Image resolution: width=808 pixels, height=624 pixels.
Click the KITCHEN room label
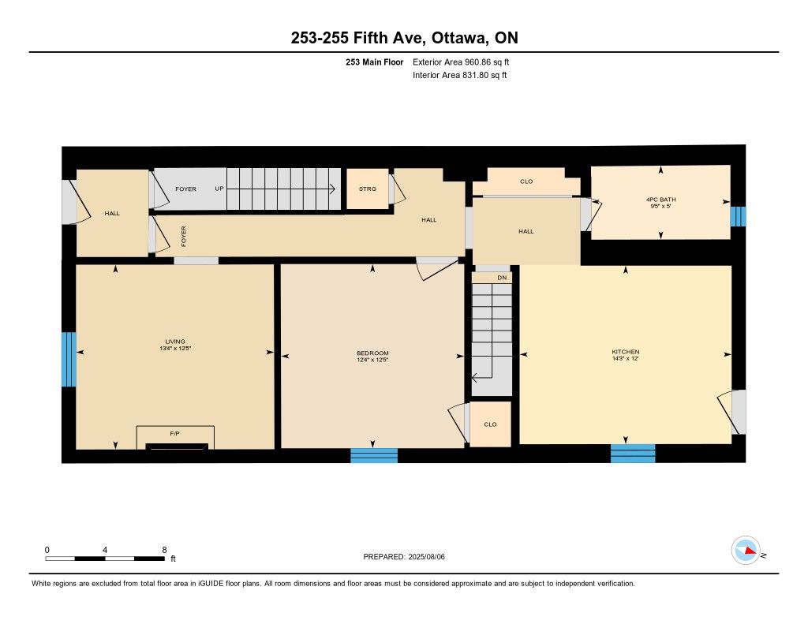coord(625,351)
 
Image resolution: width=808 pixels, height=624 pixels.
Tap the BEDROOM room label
coord(372,353)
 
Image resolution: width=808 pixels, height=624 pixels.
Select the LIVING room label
coord(174,341)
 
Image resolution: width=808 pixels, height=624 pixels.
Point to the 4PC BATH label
coord(660,200)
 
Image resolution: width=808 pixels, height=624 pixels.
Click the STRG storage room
coord(368,189)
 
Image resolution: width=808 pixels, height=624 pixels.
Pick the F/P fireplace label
coord(174,434)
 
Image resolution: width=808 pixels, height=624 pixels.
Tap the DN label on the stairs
coord(502,278)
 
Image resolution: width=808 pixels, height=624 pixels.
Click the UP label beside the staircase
coord(219,189)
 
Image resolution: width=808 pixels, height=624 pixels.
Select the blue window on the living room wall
coord(69,359)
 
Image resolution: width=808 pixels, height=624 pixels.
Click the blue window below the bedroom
coord(374,455)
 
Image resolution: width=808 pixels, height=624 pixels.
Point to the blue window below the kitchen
coord(633,454)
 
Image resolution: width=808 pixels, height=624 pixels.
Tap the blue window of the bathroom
coord(738,216)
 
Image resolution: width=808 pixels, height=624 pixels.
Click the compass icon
coord(746,551)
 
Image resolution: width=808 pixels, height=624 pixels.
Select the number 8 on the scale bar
coord(164,550)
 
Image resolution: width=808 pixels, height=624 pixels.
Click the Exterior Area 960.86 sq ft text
coord(461,62)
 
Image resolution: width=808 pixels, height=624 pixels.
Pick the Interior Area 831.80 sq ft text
coord(460,75)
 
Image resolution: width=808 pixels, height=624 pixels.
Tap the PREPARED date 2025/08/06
coord(426,556)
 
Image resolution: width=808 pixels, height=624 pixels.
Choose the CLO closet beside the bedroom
coord(490,424)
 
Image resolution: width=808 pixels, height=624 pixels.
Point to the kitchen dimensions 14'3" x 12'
coord(625,358)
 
